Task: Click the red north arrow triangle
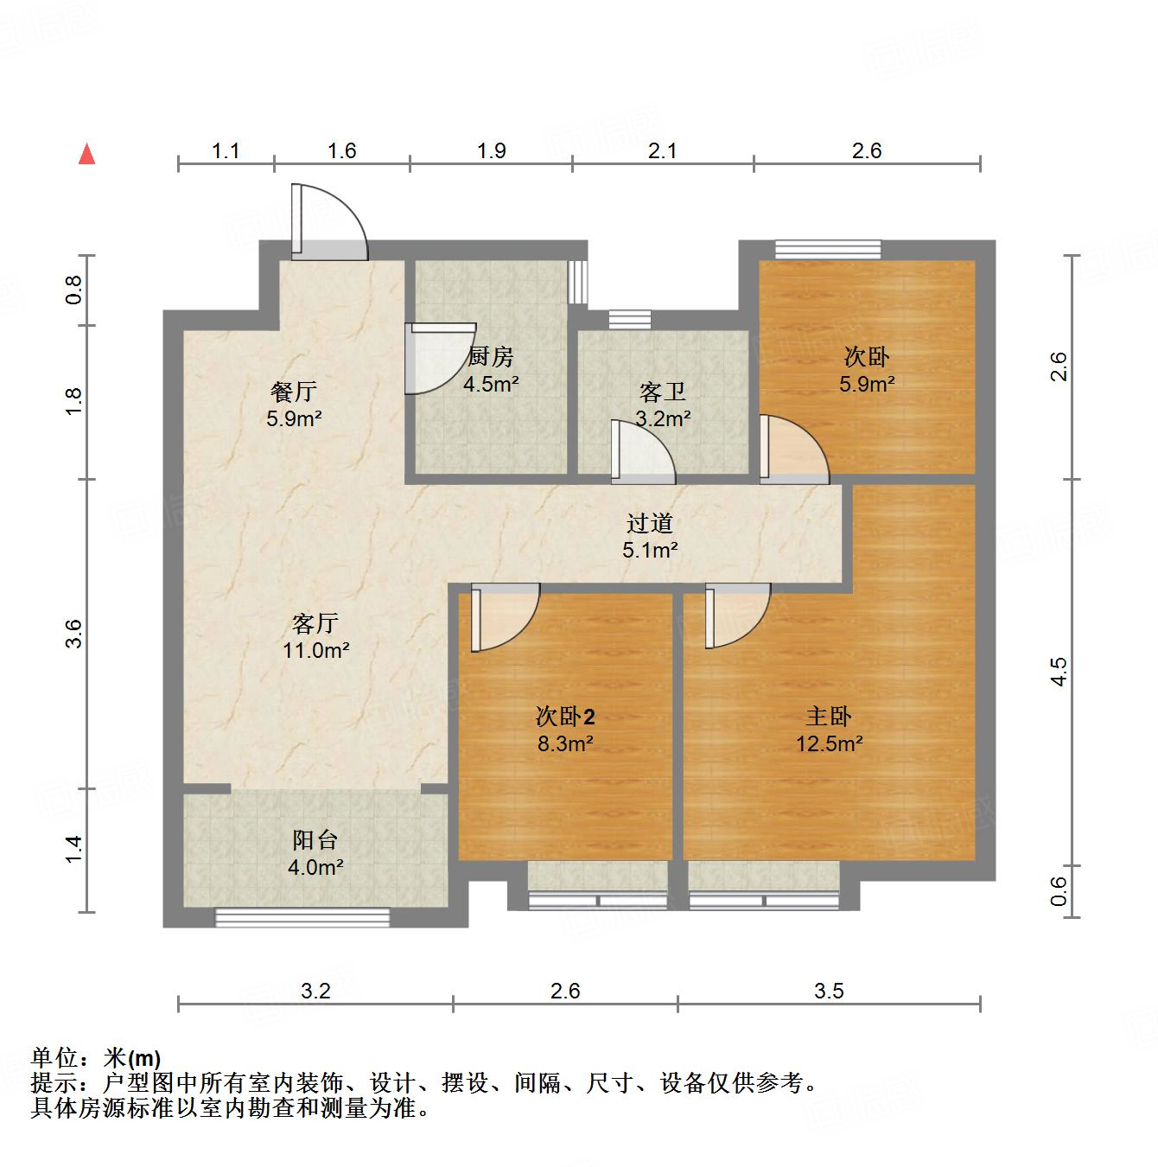(86, 154)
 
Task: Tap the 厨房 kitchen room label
(490, 355)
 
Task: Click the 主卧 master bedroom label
(829, 716)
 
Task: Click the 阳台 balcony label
(315, 839)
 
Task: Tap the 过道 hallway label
(649, 523)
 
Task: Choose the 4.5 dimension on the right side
(1059, 672)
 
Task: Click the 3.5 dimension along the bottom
(829, 991)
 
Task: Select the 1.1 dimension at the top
(226, 151)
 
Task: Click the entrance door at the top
(328, 223)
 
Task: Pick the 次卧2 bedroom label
(565, 716)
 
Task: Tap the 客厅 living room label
(315, 622)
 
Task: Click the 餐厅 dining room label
(293, 392)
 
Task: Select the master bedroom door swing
(735, 615)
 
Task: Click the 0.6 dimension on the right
(1059, 891)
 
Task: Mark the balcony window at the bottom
(302, 917)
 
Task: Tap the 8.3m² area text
(565, 743)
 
